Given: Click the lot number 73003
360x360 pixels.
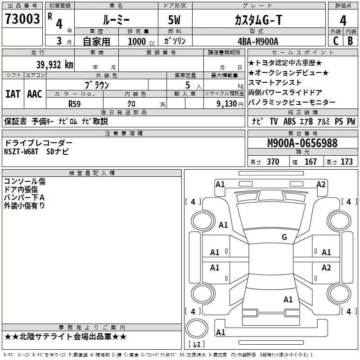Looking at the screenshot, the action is tap(22, 19).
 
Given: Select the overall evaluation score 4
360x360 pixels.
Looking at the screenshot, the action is tap(343, 21).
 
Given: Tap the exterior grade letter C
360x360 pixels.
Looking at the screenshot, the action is tap(336, 41).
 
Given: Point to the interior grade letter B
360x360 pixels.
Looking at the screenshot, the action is tap(350, 41).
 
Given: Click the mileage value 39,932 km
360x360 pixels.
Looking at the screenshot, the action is tap(55, 65).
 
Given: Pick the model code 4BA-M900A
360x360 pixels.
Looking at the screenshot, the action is tap(258, 41).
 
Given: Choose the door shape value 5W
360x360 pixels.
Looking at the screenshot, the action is tap(174, 20).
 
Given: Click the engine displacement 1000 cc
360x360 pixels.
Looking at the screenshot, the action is tap(141, 41).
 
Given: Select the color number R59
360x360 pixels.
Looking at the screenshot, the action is tap(75, 104).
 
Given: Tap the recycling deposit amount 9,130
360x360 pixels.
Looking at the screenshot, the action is tap(227, 104).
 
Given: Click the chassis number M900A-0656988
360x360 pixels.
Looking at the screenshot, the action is tap(302, 143).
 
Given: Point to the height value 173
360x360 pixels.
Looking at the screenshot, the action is tap(346, 162).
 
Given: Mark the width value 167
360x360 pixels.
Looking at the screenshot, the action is tap(310, 162).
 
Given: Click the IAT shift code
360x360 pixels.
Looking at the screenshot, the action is tap(13, 94).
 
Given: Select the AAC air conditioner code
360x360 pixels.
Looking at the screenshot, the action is tap(35, 94).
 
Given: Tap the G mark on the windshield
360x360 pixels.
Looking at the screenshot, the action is tap(284, 237).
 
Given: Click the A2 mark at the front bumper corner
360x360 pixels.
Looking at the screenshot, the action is tap(321, 184).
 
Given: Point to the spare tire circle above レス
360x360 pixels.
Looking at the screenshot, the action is tap(197, 328).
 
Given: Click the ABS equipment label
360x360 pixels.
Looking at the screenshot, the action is tap(289, 121).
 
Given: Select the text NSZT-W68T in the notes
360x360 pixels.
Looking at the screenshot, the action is tap(21, 152).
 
